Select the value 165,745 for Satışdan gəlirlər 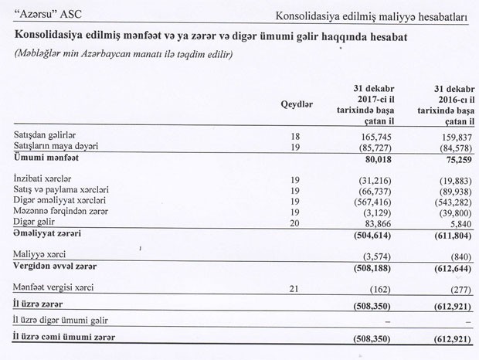click(x=369, y=136)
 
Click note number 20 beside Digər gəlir click(x=294, y=222)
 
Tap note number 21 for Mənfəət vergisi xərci click(x=294, y=287)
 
